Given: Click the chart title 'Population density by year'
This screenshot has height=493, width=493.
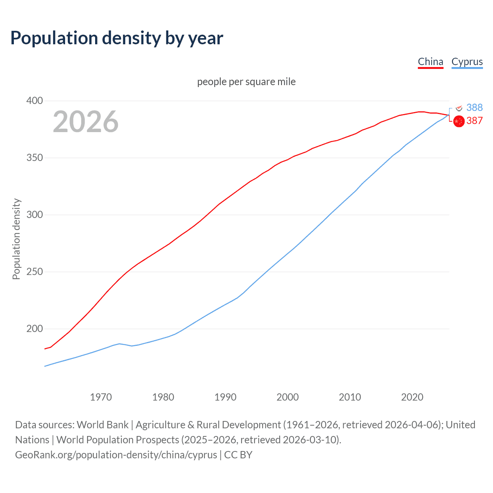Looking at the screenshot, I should click(117, 38).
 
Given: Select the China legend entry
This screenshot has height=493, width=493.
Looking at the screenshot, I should click(430, 62).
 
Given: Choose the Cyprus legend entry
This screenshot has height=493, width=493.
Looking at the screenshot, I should click(467, 62).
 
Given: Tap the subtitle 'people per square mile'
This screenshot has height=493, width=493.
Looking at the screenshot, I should click(246, 82).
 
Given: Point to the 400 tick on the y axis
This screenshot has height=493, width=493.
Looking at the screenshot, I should click(34, 101).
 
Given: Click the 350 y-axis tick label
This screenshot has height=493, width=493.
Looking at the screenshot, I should click(34, 158).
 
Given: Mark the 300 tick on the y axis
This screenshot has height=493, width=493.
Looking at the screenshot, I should click(34, 215).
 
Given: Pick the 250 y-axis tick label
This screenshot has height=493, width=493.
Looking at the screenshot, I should click(34, 272).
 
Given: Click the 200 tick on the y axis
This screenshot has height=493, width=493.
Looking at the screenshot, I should click(34, 329).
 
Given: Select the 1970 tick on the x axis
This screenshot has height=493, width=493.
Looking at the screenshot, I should click(101, 397).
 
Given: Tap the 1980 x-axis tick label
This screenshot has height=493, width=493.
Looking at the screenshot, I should click(163, 397).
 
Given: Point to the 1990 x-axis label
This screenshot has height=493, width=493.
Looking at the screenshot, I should click(225, 397).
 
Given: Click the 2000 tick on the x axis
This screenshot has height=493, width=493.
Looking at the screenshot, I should click(288, 397).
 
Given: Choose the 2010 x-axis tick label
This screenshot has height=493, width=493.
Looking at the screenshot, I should click(350, 397).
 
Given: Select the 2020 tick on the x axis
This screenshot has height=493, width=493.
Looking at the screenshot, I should click(412, 397).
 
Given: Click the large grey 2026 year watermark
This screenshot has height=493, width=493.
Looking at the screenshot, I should click(86, 122).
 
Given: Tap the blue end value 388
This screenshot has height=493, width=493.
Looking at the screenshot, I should click(474, 107).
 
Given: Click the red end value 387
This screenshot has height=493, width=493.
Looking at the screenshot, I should click(474, 121).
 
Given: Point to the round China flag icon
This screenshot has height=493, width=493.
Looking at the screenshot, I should click(459, 121).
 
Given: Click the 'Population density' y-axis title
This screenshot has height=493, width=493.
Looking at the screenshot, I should click(16, 239).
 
